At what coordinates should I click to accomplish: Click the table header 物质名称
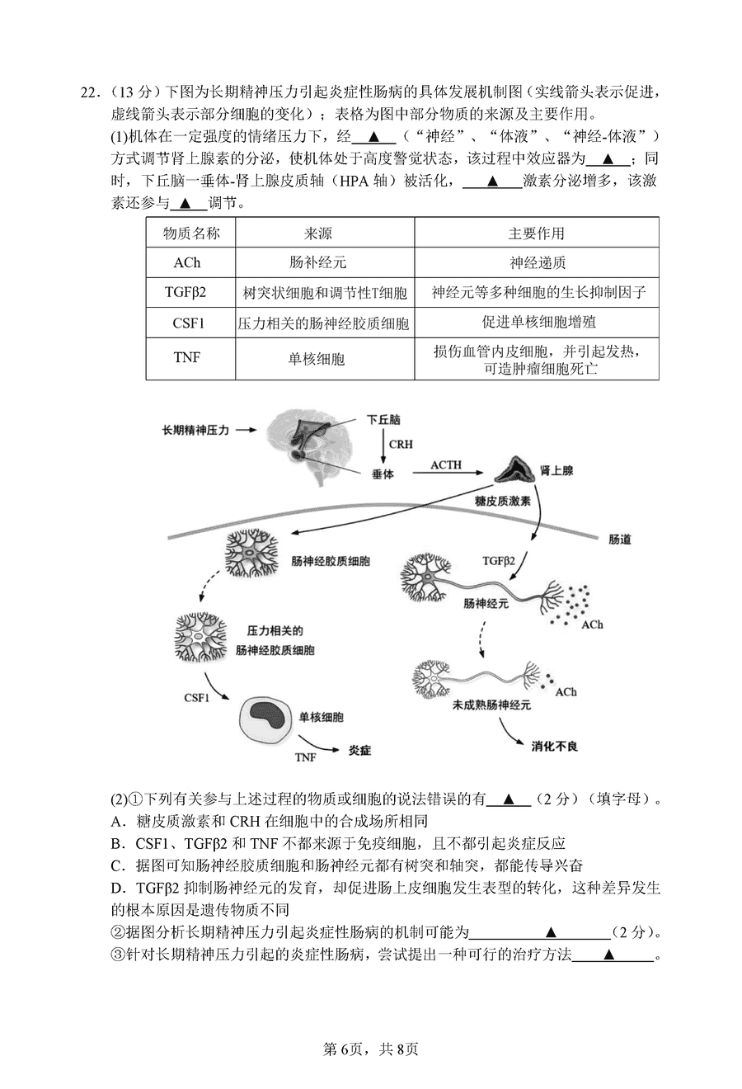tap(191, 233)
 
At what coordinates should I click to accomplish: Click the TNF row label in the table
tap(187, 357)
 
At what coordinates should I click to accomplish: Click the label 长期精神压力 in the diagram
tap(196, 430)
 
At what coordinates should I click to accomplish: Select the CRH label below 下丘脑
tap(401, 444)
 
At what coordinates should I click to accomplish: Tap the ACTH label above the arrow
tap(446, 464)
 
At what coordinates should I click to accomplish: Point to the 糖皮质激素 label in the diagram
tap(503, 501)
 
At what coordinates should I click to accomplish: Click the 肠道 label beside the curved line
tap(619, 539)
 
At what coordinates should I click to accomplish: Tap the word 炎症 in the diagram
tap(359, 750)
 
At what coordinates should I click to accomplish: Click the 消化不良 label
tap(554, 745)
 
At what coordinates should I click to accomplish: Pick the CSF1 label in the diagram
tap(197, 697)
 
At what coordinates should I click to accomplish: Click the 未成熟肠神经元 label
tap(491, 705)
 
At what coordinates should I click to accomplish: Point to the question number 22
tap(89, 92)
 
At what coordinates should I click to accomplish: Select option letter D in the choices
tap(117, 887)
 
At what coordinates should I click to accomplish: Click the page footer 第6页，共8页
tap(371, 1049)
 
